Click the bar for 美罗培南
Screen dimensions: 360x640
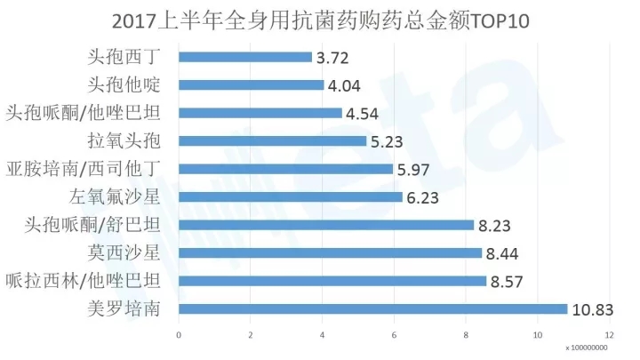coord(373,309)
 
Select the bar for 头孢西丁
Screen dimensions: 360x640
coord(245,58)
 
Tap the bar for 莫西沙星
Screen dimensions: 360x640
coord(331,253)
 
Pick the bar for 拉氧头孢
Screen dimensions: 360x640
coord(273,141)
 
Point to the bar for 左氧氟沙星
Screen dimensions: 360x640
coord(291,197)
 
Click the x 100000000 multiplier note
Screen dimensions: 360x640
coord(588,348)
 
